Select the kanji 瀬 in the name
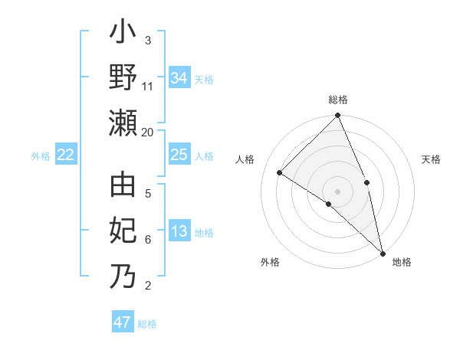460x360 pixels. tap(123, 123)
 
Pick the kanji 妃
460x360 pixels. tap(123, 231)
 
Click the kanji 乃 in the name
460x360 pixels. tap(123, 276)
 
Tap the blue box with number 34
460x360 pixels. tap(179, 78)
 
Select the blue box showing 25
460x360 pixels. tap(179, 155)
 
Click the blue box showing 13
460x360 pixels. tap(179, 232)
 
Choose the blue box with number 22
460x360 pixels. tap(66, 155)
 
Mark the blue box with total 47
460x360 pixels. tap(123, 322)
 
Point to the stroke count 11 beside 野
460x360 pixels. tap(148, 87)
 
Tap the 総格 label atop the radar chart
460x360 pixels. tap(338, 100)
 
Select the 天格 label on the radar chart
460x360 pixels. tap(432, 159)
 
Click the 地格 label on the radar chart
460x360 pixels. tap(402, 262)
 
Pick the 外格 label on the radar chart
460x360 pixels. tap(270, 262)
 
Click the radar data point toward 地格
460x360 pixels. tap(383, 253)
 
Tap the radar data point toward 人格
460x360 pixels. tap(280, 172)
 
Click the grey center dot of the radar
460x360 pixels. tap(338, 191)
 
